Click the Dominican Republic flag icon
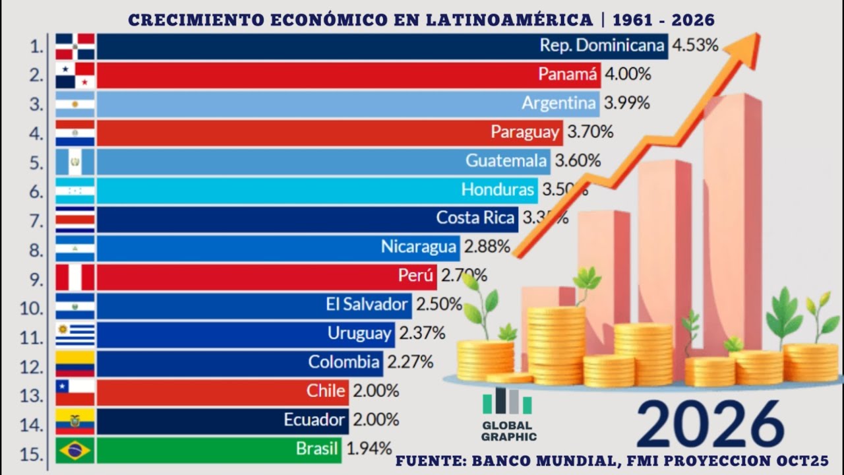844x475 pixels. [75, 47]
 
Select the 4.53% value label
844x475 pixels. [695, 46]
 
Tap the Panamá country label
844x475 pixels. [568, 75]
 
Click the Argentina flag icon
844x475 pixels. [75, 104]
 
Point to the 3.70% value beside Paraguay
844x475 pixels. [590, 132]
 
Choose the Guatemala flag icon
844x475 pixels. [75, 162]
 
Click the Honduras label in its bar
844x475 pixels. [497, 190]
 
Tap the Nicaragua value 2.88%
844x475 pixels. [487, 247]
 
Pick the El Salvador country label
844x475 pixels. [367, 305]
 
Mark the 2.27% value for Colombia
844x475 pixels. [409, 362]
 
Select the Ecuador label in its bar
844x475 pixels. [314, 420]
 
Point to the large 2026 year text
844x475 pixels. [710, 424]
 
